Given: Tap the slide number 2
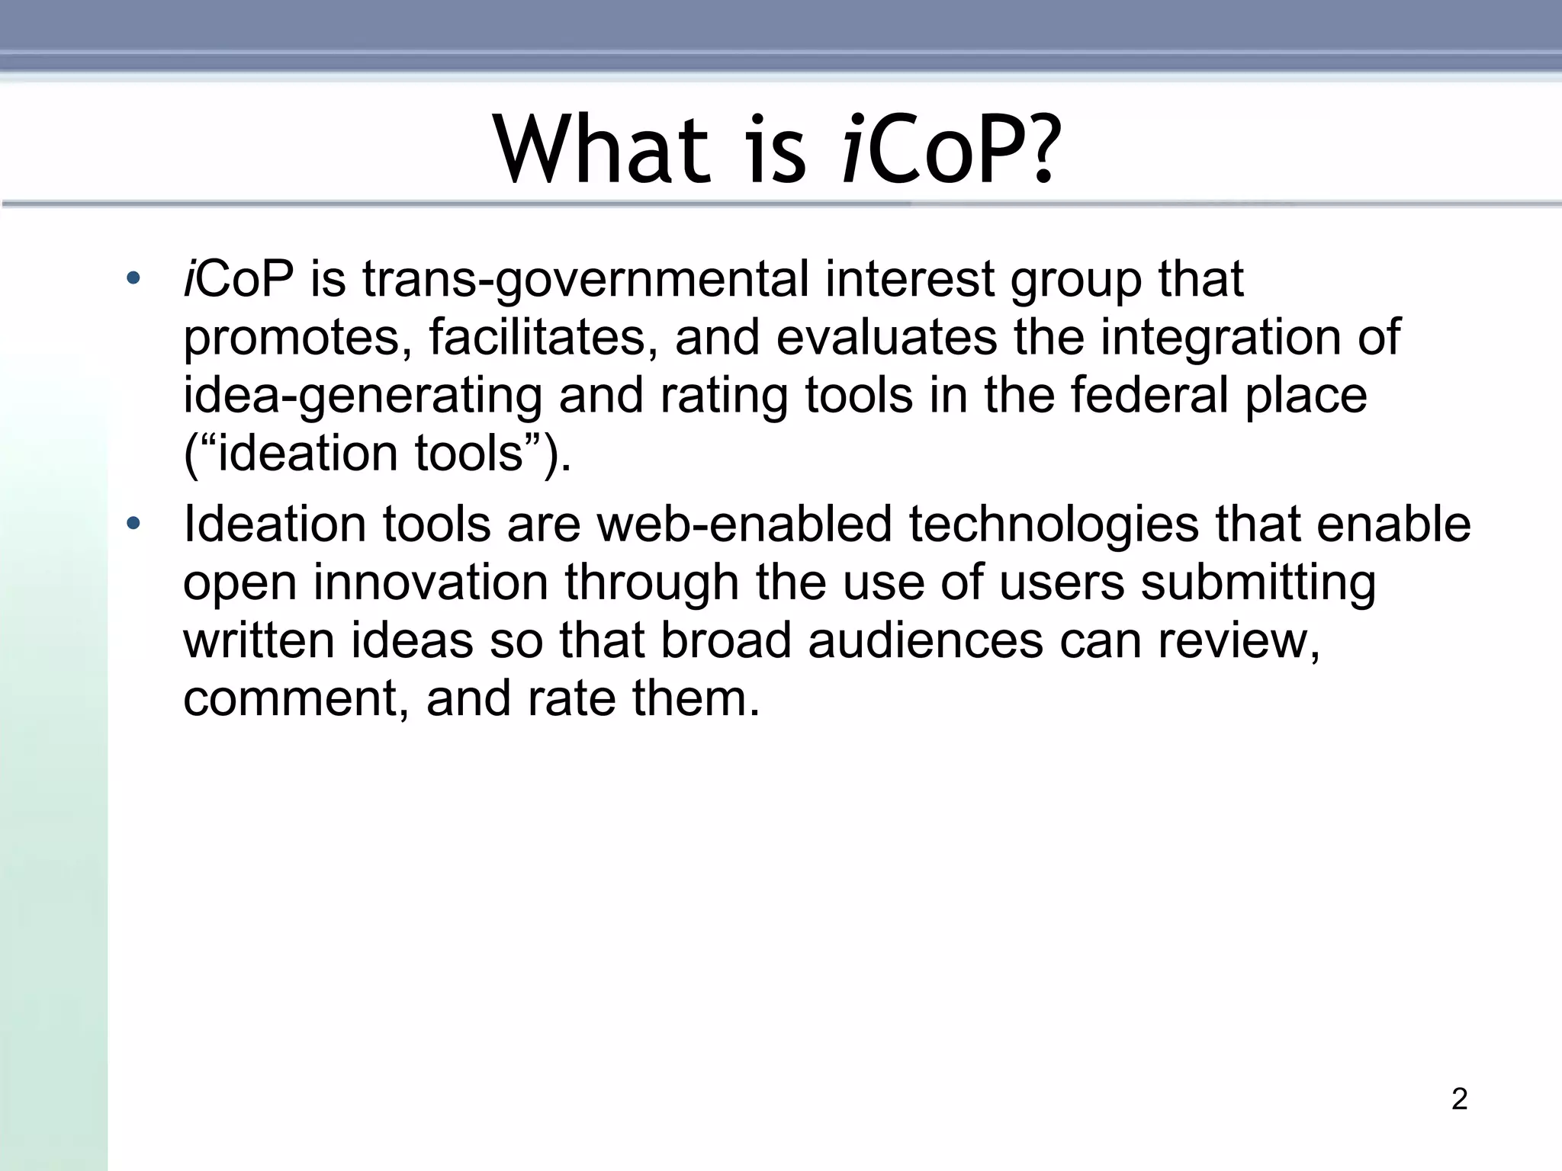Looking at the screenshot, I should [x=1459, y=1099].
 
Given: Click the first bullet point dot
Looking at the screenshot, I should [x=133, y=278].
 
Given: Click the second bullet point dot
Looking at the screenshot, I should [x=133, y=524].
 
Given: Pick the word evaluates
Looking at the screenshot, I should [x=886, y=338].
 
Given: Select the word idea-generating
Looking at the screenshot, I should [x=362, y=396].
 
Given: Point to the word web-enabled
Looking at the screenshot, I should [x=744, y=525].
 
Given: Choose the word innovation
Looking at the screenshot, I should [x=431, y=583].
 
